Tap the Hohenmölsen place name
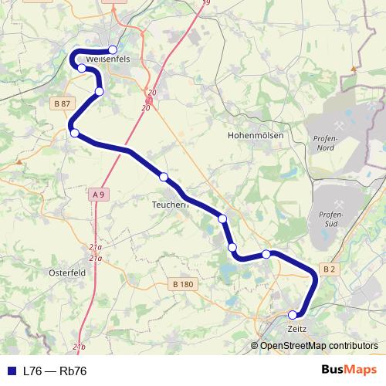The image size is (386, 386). (x=256, y=135)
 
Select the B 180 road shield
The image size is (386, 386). (x=183, y=285)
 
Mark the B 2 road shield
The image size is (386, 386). (x=329, y=269)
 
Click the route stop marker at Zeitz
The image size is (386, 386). (x=293, y=315)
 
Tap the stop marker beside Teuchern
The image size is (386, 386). (x=164, y=177)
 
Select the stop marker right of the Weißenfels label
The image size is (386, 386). (x=113, y=50)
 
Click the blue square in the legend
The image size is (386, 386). (x=11, y=371)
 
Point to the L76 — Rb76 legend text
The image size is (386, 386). (x=55, y=371)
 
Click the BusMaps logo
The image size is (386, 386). (x=349, y=371)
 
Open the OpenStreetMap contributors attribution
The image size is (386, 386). (x=318, y=346)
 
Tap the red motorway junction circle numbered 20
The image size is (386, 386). (x=149, y=100)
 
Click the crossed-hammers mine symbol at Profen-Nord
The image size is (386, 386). (x=338, y=124)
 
